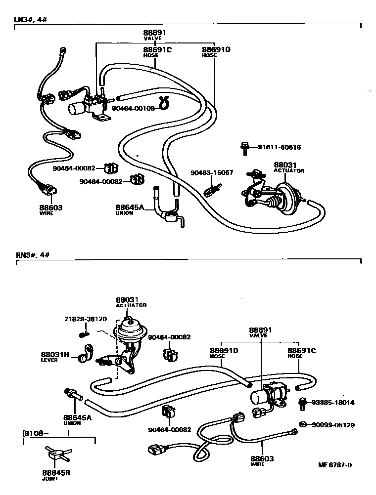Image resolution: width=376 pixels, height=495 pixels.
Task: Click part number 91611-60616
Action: coord(279,147)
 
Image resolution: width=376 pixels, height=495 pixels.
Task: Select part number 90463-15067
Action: coord(212,173)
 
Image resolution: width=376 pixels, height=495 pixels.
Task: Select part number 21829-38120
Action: coord(85,319)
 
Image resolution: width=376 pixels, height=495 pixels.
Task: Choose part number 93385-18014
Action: coord(332,403)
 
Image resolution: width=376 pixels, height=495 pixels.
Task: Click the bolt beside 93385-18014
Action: coord(302,403)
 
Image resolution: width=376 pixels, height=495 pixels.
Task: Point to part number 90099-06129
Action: coord(332,425)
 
